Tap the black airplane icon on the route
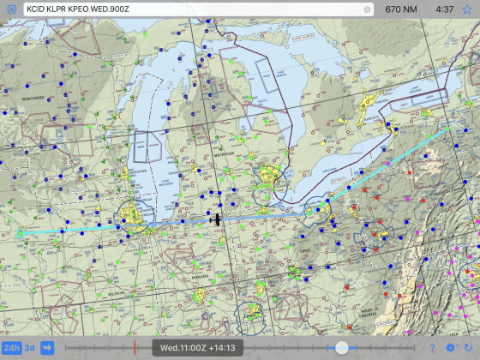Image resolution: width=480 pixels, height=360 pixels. tap(218, 220)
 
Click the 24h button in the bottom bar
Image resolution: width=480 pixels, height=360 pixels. tap(11, 347)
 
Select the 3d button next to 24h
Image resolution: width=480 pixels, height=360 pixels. tap(29, 347)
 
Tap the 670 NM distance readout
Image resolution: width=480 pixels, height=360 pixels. tap(403, 9)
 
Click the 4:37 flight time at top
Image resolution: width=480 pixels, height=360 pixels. tap(444, 9)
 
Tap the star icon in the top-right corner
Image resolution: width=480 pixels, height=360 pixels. tap(468, 9)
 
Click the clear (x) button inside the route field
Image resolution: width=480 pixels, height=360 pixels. tap(367, 9)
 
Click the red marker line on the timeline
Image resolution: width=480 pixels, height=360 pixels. tap(135, 347)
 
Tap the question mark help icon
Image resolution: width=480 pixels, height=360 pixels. tap(433, 347)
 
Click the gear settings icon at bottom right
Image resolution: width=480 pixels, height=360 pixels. tap(451, 347)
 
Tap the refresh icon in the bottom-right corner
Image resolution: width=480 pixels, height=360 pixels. tap(468, 347)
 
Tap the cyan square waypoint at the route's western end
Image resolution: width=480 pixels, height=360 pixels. tap(20, 232)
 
